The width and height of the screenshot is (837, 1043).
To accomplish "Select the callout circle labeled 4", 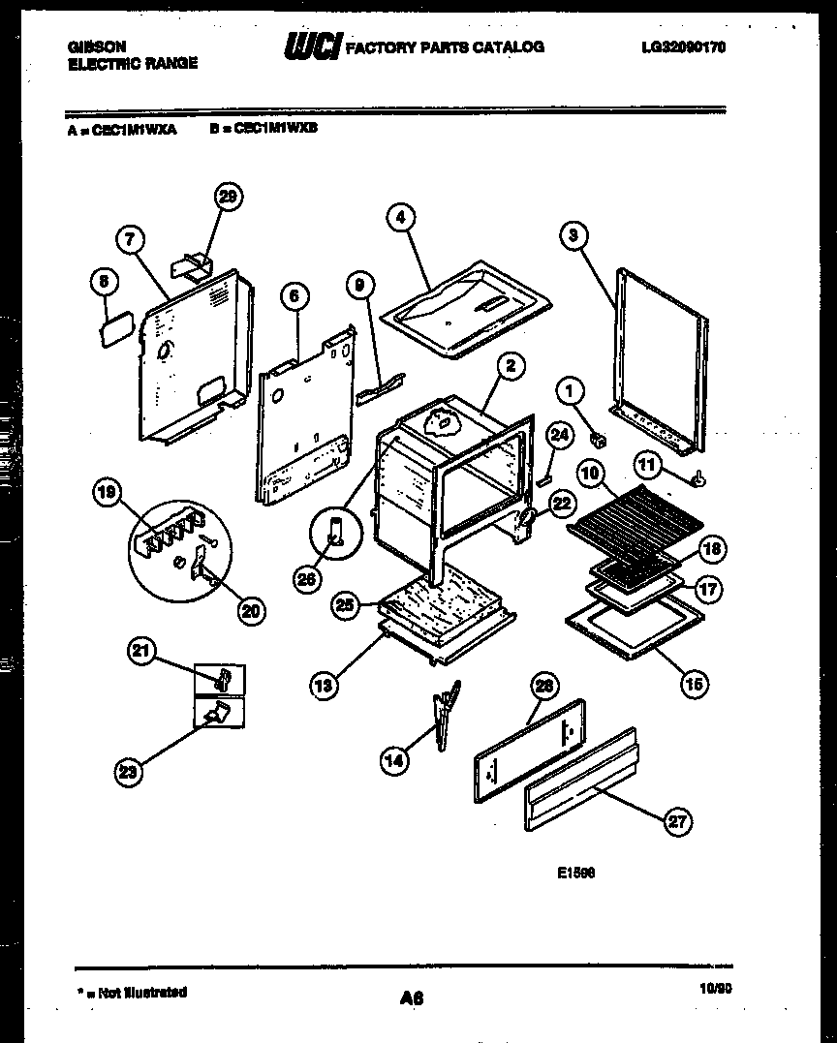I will tap(400, 218).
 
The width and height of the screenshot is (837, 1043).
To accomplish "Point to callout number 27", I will tap(678, 823).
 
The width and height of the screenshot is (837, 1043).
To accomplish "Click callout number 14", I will tap(393, 760).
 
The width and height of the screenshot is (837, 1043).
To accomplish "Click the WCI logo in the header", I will tap(312, 46).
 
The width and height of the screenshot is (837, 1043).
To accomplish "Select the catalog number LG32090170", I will tap(683, 46).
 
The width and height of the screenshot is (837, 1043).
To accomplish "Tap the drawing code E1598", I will tap(576, 872).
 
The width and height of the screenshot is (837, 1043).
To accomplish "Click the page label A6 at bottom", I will tap(412, 997).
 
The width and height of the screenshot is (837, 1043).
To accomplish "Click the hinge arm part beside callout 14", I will tap(446, 714).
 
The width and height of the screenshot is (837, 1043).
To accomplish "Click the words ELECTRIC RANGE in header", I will tap(133, 63).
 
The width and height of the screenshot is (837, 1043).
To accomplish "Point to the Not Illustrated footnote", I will tap(133, 992).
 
